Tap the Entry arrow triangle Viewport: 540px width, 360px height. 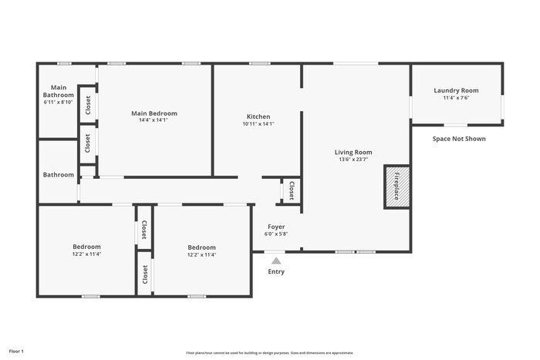coord(276,261)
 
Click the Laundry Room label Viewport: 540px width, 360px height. coord(456,90)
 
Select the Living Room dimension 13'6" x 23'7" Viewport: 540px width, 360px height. coord(353,160)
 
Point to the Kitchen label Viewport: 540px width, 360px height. coord(258,116)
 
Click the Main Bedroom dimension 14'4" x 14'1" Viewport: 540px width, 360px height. coord(154,120)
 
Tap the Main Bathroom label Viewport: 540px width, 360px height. coord(58,91)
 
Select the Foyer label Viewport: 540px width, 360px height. coord(276,227)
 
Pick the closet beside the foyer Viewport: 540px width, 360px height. coord(291,191)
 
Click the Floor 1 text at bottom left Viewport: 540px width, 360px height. coord(16,351)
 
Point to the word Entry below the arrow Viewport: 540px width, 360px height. coord(276,271)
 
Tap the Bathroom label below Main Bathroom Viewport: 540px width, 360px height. coord(58,175)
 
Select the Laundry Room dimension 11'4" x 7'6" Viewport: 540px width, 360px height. coord(456,98)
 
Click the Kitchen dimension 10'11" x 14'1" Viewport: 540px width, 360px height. coord(258,123)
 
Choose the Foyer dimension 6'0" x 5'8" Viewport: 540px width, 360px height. coord(276,234)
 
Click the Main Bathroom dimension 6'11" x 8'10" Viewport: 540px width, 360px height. coord(58,102)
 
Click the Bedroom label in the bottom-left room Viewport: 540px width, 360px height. coord(87,247)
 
